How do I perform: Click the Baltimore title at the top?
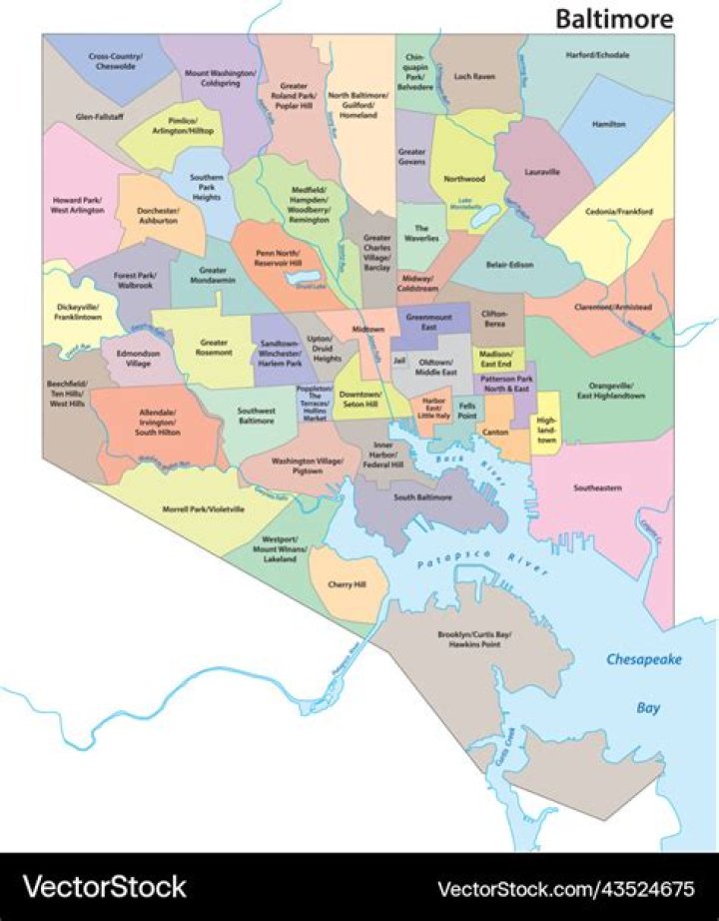[x=613, y=18]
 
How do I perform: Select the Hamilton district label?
[x=609, y=124]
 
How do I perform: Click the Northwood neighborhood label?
[x=464, y=179]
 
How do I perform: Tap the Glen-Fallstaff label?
[x=100, y=117]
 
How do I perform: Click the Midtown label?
[x=367, y=329]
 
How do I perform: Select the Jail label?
[x=398, y=360]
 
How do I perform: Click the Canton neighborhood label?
[x=494, y=432]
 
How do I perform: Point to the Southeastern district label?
[x=597, y=488]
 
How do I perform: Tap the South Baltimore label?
[x=422, y=496]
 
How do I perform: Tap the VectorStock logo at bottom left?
[x=105, y=886]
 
